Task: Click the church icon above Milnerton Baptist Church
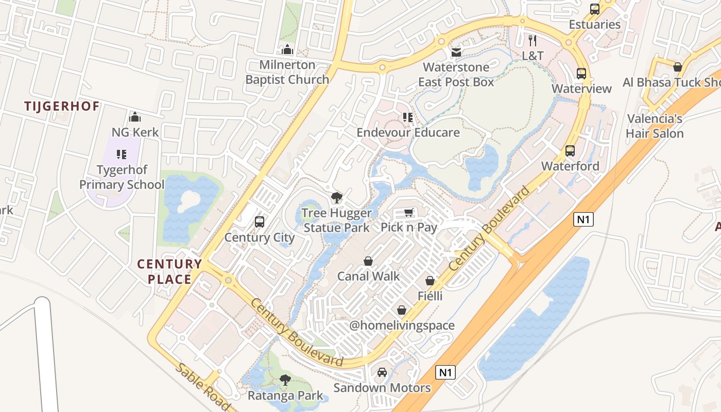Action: [287, 50]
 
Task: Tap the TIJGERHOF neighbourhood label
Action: [62, 107]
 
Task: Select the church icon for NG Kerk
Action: [135, 117]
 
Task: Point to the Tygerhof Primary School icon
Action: [122, 154]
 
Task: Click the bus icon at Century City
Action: [260, 222]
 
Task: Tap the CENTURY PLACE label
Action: [169, 271]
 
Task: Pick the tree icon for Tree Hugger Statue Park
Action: [336, 198]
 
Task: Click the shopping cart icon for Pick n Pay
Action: [409, 212]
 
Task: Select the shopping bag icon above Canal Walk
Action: [368, 261]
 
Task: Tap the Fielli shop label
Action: [430, 296]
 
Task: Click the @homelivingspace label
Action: [402, 325]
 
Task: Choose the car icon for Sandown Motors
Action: [382, 372]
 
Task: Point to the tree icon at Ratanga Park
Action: [285, 381]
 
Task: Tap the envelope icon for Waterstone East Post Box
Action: [456, 52]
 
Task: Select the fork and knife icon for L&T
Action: [533, 40]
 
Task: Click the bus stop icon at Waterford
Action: [570, 151]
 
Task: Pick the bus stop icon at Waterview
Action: [581, 73]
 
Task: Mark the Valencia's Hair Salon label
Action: [655, 126]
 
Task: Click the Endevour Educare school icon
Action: [408, 117]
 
